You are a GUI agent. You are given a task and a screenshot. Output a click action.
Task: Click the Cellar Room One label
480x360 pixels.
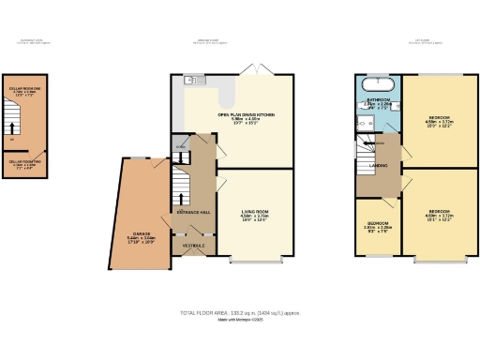click(x=22, y=91)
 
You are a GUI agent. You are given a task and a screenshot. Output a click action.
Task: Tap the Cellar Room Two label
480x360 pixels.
click(x=24, y=163)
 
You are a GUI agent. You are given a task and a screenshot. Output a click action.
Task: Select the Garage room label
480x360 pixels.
click(x=142, y=235)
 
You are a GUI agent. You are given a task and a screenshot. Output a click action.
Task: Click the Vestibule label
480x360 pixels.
click(x=193, y=246)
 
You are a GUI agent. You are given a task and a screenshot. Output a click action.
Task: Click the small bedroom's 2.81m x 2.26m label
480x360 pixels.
click(x=377, y=226)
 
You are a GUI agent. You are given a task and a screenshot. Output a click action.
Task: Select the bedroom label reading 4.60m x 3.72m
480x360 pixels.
click(x=438, y=215)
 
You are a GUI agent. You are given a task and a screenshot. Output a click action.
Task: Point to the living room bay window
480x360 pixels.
click(x=256, y=259)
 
